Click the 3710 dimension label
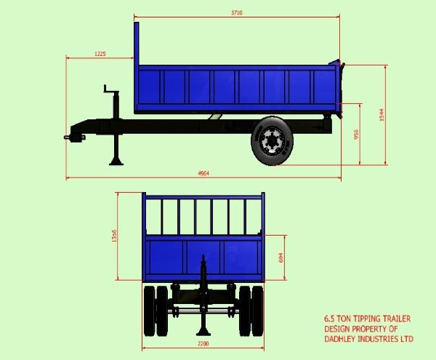tap(236, 12)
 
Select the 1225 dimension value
tap(100, 53)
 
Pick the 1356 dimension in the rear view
tap(115, 237)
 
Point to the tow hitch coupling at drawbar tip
tap(70, 136)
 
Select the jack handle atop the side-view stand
tap(109, 90)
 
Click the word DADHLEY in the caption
tap(342, 340)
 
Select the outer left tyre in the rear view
tap(149, 311)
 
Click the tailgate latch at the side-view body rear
tap(338, 65)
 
